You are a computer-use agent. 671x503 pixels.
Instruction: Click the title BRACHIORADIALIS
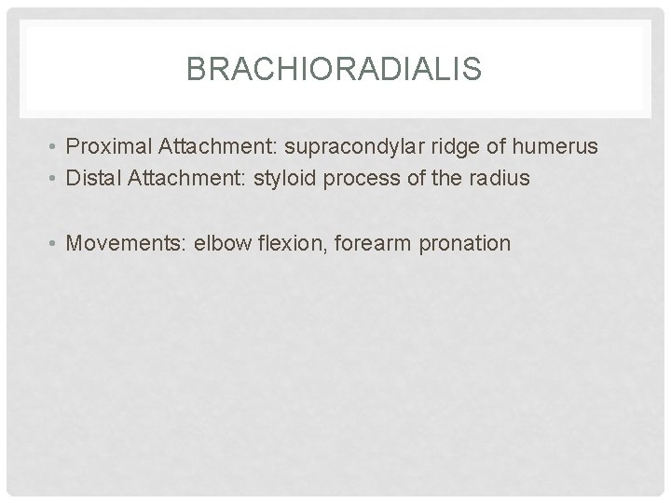[335, 69]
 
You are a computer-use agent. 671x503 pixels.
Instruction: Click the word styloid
[274, 179]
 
